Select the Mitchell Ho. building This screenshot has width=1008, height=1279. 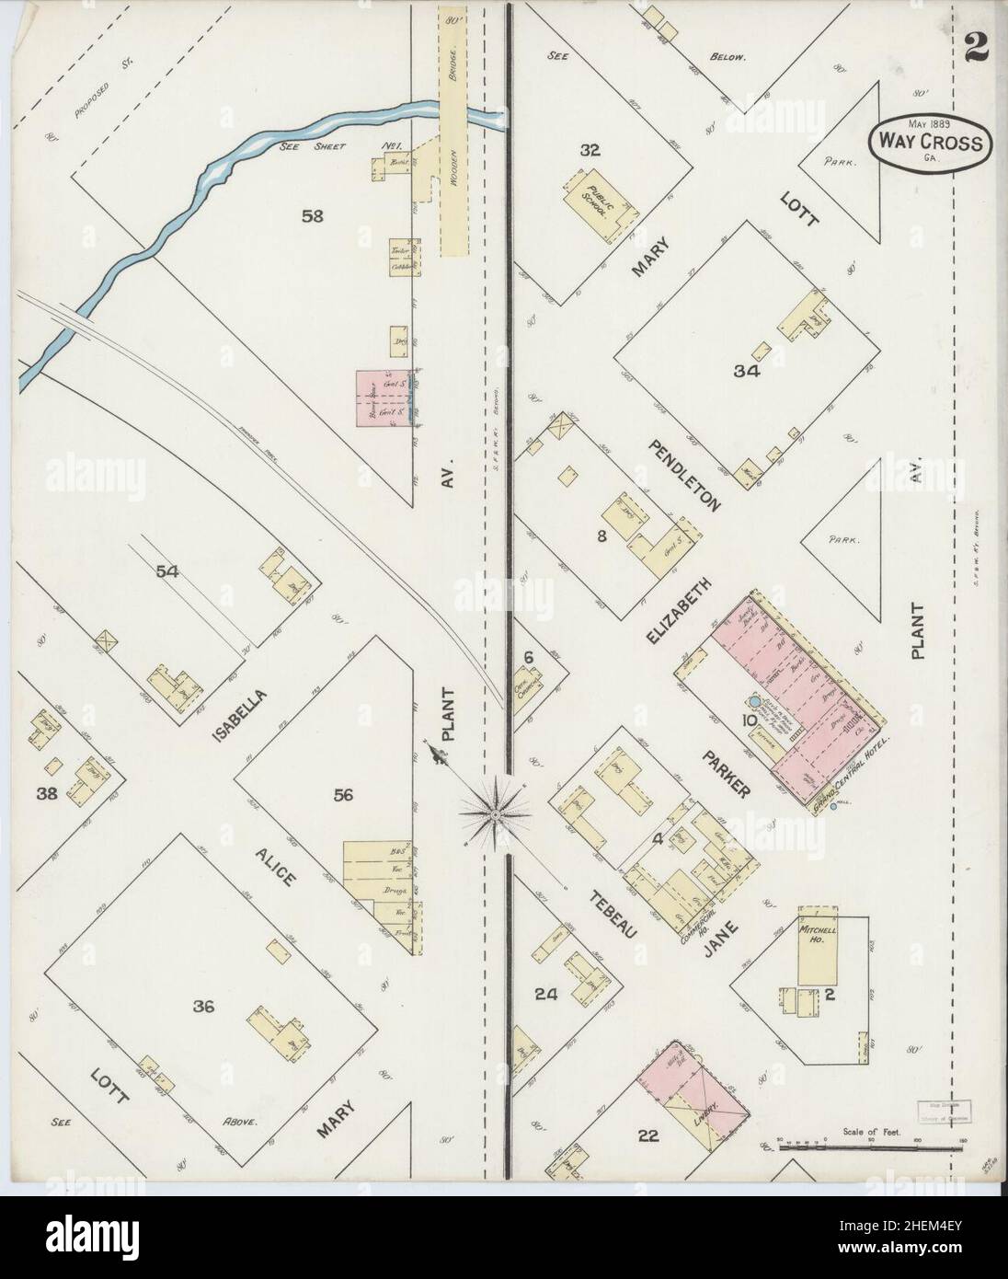click(x=816, y=952)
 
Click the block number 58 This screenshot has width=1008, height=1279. click(x=313, y=216)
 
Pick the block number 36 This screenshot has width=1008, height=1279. click(x=203, y=1007)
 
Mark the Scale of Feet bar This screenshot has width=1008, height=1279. click(x=870, y=1147)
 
